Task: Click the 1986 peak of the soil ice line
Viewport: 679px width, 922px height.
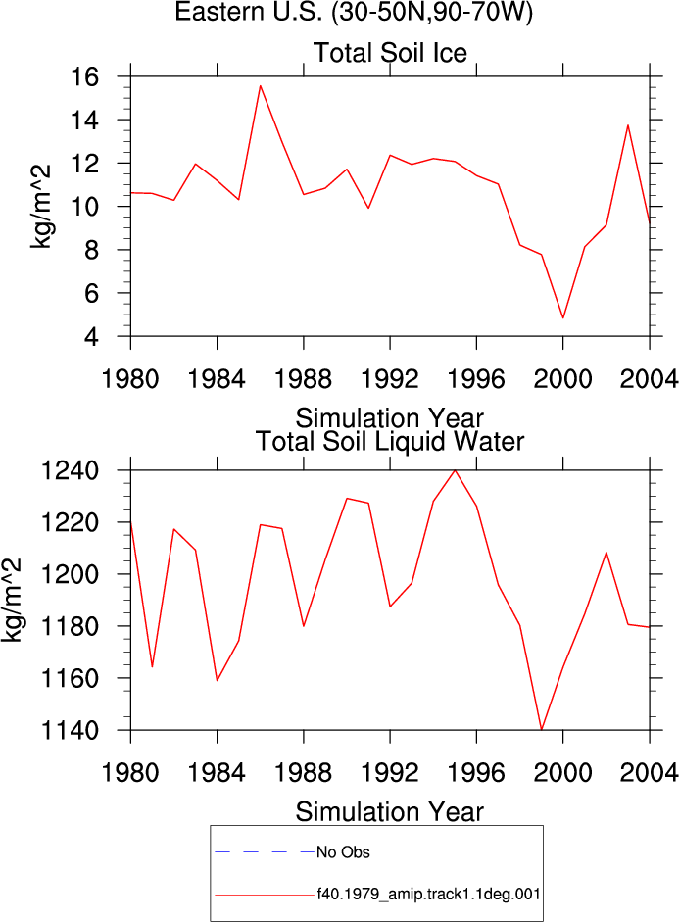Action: click(x=261, y=86)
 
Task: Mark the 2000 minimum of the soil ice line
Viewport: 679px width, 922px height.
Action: click(x=563, y=318)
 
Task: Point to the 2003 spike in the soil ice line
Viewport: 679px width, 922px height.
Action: click(x=628, y=125)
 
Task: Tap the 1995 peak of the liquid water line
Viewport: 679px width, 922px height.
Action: click(x=455, y=470)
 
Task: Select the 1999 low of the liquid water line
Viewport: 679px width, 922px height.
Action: click(x=542, y=729)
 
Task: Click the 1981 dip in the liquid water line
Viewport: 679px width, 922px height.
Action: click(x=152, y=667)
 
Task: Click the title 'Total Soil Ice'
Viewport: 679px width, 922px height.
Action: click(x=390, y=53)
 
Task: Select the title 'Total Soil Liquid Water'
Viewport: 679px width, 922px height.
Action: click(x=390, y=442)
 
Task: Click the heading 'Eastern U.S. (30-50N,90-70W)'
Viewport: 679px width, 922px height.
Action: click(x=354, y=12)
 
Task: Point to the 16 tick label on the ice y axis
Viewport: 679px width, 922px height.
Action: click(x=84, y=76)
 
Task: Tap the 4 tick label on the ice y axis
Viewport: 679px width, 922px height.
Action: click(x=91, y=337)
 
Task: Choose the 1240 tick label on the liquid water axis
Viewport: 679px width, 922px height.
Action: click(x=70, y=471)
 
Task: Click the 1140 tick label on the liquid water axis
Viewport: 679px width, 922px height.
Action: click(x=70, y=730)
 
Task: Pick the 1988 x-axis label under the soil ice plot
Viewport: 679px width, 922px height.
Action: click(x=304, y=378)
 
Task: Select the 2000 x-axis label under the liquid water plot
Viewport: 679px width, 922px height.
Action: click(x=562, y=772)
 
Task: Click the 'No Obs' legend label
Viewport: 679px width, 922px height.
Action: click(x=343, y=852)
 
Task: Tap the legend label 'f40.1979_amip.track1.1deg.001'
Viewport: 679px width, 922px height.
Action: click(x=428, y=895)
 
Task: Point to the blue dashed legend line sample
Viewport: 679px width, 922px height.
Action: click(x=265, y=851)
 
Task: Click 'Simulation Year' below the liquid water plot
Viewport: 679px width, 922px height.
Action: click(x=389, y=812)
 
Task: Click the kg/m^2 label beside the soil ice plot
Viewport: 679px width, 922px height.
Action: click(x=40, y=207)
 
